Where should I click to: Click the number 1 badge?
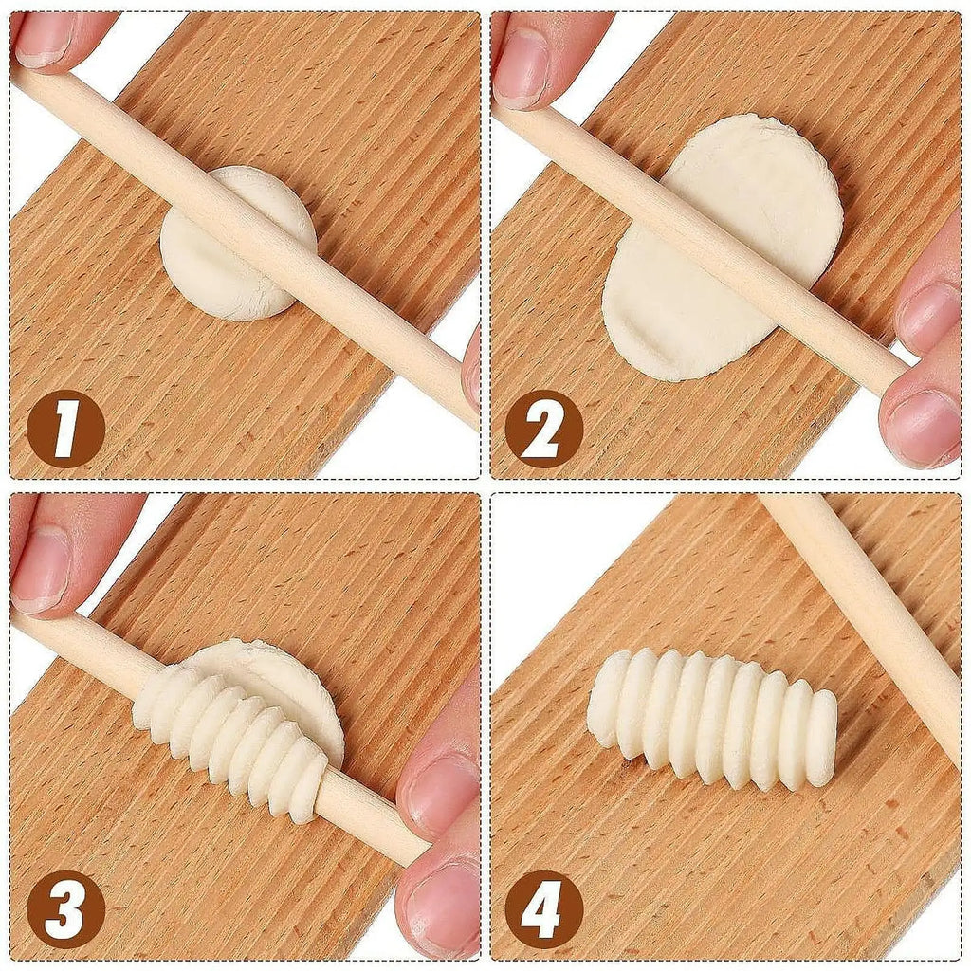64,429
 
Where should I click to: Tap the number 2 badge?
543,429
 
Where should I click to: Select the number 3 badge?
64,909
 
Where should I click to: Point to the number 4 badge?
543,909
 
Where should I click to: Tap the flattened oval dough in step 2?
702,266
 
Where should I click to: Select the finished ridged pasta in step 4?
711,716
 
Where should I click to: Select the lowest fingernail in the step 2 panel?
920,427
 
